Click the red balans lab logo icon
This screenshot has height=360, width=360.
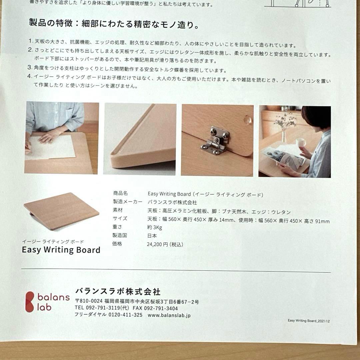pos(30,302)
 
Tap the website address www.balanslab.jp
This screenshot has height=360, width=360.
pos(169,315)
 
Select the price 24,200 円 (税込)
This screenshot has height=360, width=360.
pos(165,244)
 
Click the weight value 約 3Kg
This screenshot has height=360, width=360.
pos(155,227)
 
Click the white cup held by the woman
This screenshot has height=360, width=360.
pos(301,142)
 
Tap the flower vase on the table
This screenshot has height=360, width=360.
pos(284,135)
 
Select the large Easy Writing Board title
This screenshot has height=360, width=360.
pos(61,250)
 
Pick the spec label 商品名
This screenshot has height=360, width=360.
pos(120,193)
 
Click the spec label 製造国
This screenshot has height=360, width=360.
pos(119,235)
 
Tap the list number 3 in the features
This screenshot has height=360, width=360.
pos(29,67)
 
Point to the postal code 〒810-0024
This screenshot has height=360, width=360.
pos(89,301)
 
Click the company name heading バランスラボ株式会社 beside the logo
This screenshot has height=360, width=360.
pos(118,292)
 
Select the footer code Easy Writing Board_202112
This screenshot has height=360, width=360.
pos(309,321)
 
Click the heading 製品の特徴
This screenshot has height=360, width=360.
pos(51,23)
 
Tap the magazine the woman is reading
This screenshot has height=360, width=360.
pos(284,158)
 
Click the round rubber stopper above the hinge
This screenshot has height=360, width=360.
pos(248,120)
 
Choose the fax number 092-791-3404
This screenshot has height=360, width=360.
pos(161,308)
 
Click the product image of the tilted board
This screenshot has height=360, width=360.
pos(61,211)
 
